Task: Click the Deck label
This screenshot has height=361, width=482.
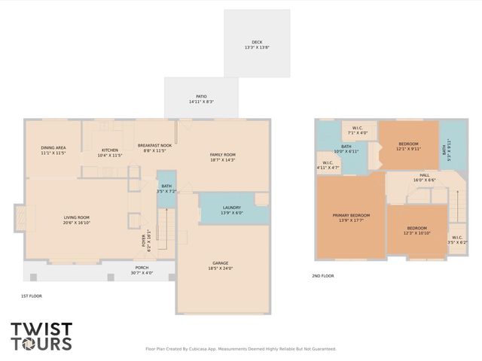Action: pyautogui.click(x=257, y=44)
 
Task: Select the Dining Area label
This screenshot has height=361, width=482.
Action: pyautogui.click(x=53, y=150)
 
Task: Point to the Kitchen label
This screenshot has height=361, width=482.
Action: pyautogui.click(x=110, y=153)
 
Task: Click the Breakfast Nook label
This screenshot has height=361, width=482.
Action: pyautogui.click(x=154, y=147)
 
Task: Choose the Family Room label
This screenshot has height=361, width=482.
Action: pyautogui.click(x=222, y=156)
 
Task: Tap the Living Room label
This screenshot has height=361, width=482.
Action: pyautogui.click(x=77, y=220)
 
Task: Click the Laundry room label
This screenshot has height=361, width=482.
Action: pyautogui.click(x=231, y=210)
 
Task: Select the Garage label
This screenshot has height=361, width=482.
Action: pyautogui.click(x=220, y=265)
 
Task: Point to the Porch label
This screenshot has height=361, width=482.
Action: pyautogui.click(x=142, y=269)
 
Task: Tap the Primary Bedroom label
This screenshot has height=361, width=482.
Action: pyautogui.click(x=351, y=217)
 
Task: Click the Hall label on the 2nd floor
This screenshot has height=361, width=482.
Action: pyautogui.click(x=424, y=177)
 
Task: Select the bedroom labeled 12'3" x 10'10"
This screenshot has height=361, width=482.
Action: pyautogui.click(x=416, y=230)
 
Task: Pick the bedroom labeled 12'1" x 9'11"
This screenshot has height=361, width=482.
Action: pyautogui.click(x=408, y=146)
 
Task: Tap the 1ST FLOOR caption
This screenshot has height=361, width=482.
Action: pyautogui.click(x=32, y=296)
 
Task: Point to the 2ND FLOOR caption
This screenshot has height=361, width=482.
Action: pyautogui.click(x=322, y=276)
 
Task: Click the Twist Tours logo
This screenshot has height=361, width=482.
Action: pyautogui.click(x=41, y=337)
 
